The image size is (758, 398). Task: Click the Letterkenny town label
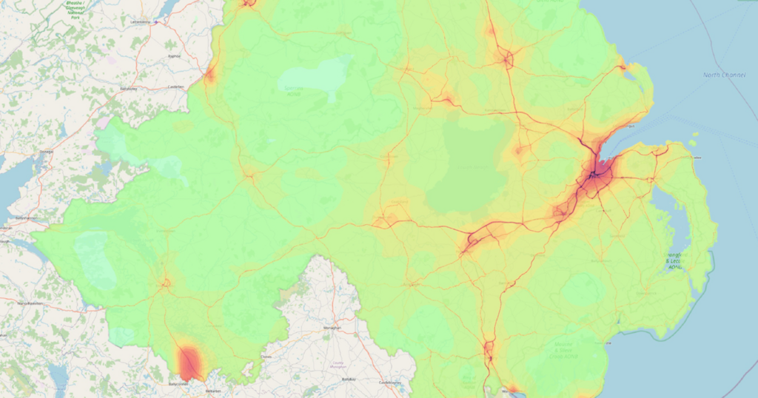click(140, 22)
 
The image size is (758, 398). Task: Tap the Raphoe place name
click(174, 55)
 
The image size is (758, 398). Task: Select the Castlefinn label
click(176, 87)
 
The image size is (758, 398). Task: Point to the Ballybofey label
click(127, 89)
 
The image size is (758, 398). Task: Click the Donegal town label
click(47, 151)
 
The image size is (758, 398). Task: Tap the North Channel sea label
click(722, 75)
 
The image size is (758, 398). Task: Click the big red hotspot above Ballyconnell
click(189, 362)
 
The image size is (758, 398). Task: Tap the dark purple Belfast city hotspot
click(594, 176)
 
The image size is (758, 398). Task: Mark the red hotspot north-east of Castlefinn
click(209, 75)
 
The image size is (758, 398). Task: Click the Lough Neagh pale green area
click(468, 166)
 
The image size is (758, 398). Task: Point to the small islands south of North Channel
click(694, 141)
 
